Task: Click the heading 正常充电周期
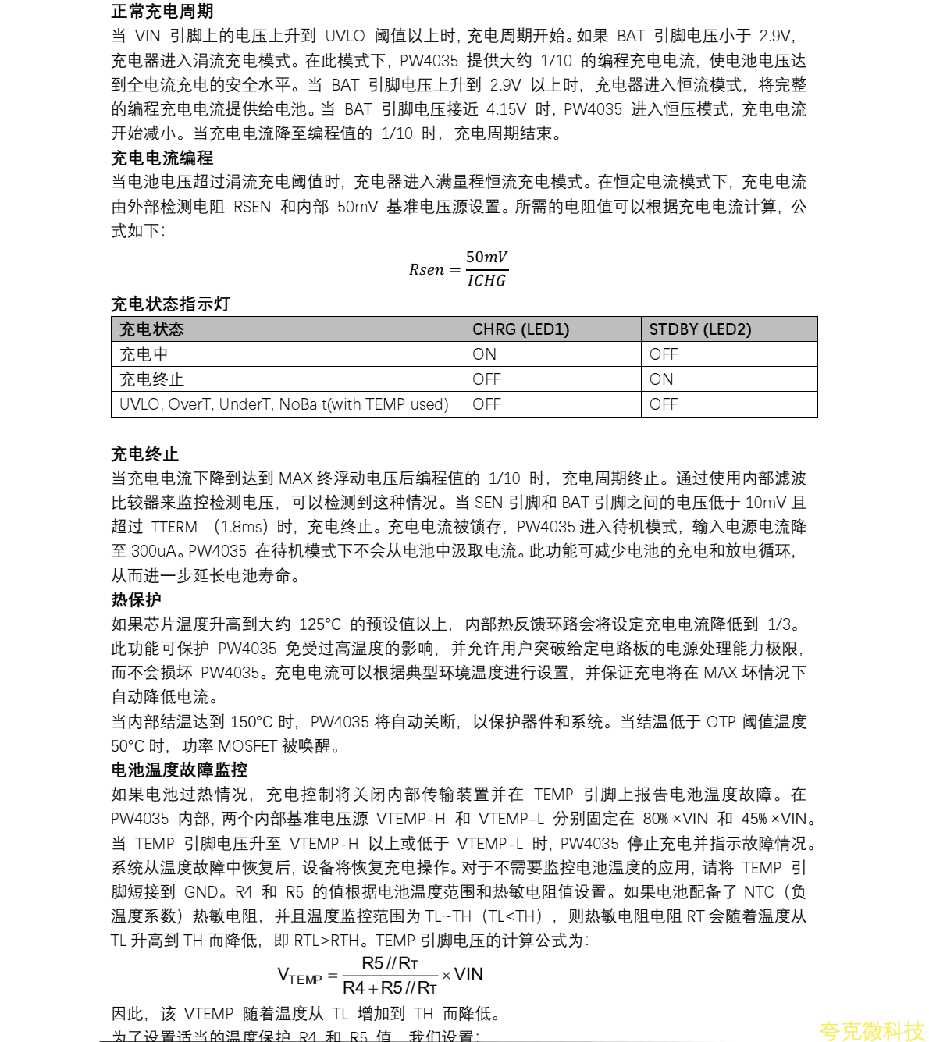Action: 162,12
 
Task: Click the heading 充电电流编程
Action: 162,158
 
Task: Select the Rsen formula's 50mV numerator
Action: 486,257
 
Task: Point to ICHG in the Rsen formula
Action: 486,281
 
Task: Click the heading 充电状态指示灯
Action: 170,304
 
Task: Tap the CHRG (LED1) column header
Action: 521,329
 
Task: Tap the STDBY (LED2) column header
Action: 699,329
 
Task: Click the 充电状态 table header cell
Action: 151,329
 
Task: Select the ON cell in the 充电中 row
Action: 484,354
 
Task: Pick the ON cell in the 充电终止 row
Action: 661,379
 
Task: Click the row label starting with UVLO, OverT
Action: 283,404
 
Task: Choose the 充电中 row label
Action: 144,354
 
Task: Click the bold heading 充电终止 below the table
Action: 144,454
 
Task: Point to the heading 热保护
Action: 136,599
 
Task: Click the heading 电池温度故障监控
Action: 179,770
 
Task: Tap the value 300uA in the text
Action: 155,551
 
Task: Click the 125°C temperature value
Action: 320,624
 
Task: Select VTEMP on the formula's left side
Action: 299,976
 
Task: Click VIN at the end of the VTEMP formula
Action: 468,974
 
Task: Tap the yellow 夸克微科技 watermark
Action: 871,1031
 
